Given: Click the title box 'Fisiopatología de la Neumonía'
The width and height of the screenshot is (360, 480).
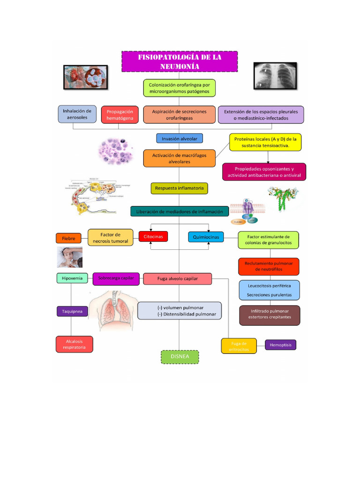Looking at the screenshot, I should (x=180, y=61).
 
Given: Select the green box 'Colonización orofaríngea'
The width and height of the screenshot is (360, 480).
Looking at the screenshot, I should (x=179, y=88).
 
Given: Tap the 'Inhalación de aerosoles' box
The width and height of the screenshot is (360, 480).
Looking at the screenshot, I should (x=77, y=114).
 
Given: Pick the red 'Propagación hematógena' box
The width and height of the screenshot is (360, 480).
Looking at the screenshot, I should (x=120, y=115).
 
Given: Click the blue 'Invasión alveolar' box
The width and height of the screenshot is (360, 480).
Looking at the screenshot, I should (x=180, y=138).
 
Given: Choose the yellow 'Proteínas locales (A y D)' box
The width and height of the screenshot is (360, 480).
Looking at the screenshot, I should (x=265, y=142).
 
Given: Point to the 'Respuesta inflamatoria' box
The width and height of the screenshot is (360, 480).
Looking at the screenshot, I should (x=180, y=188).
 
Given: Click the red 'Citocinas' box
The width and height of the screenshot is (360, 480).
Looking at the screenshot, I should (x=153, y=237).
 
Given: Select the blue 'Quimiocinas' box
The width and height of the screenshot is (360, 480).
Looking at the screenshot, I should (x=206, y=237).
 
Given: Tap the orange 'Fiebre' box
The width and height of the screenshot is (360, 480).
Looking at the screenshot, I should (x=68, y=238).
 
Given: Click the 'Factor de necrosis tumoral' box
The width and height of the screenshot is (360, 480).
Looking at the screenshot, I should (x=110, y=238).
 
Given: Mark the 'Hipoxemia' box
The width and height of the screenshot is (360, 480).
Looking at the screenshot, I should (x=72, y=278).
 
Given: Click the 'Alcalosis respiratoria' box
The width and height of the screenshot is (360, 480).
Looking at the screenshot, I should (x=75, y=344).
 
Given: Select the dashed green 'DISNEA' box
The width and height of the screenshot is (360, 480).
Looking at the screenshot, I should (x=180, y=357).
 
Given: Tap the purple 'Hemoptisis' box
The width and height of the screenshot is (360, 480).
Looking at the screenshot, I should (x=280, y=345).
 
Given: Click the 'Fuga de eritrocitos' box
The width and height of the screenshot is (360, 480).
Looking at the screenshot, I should (x=239, y=346).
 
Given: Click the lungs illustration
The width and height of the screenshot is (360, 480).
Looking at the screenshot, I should (x=113, y=309).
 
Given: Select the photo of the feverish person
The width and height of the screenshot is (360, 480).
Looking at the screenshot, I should (x=69, y=257).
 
